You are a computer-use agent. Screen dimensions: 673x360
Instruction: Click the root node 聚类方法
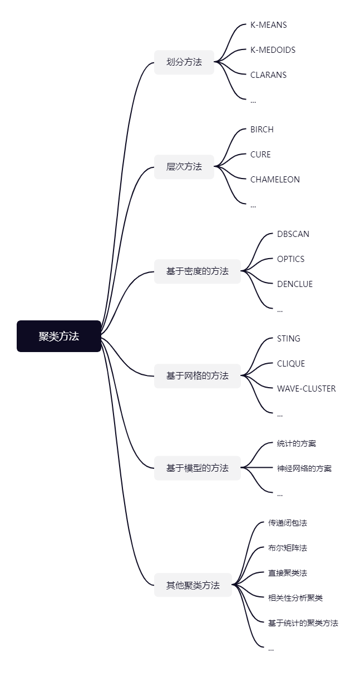(59, 336)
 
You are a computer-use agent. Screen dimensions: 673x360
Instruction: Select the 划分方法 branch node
(184, 62)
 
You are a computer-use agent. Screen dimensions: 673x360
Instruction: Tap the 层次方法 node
(184, 166)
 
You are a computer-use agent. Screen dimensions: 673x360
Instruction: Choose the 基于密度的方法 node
(198, 271)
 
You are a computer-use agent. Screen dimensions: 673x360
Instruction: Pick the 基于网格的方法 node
(198, 376)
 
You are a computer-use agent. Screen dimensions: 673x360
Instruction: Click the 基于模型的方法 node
(198, 468)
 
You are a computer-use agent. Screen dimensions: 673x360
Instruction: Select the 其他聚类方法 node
(193, 585)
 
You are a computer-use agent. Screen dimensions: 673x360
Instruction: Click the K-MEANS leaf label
(269, 25)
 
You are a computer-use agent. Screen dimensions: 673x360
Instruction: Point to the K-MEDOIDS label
(273, 50)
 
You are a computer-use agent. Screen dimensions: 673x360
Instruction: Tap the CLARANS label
(268, 75)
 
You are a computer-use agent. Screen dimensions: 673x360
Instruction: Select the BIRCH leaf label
(262, 130)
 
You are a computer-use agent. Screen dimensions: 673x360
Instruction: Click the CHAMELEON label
(275, 180)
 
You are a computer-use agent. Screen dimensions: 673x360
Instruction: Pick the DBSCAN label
(293, 234)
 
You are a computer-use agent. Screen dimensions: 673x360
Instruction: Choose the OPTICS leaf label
(290, 259)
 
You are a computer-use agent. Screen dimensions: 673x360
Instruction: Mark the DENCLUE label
(295, 284)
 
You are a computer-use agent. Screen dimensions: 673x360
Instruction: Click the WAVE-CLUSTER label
(307, 389)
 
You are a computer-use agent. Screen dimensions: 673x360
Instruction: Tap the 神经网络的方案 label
(304, 468)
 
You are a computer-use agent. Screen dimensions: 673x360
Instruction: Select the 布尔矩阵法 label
(288, 548)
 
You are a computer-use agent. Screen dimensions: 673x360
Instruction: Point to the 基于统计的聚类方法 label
(303, 623)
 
